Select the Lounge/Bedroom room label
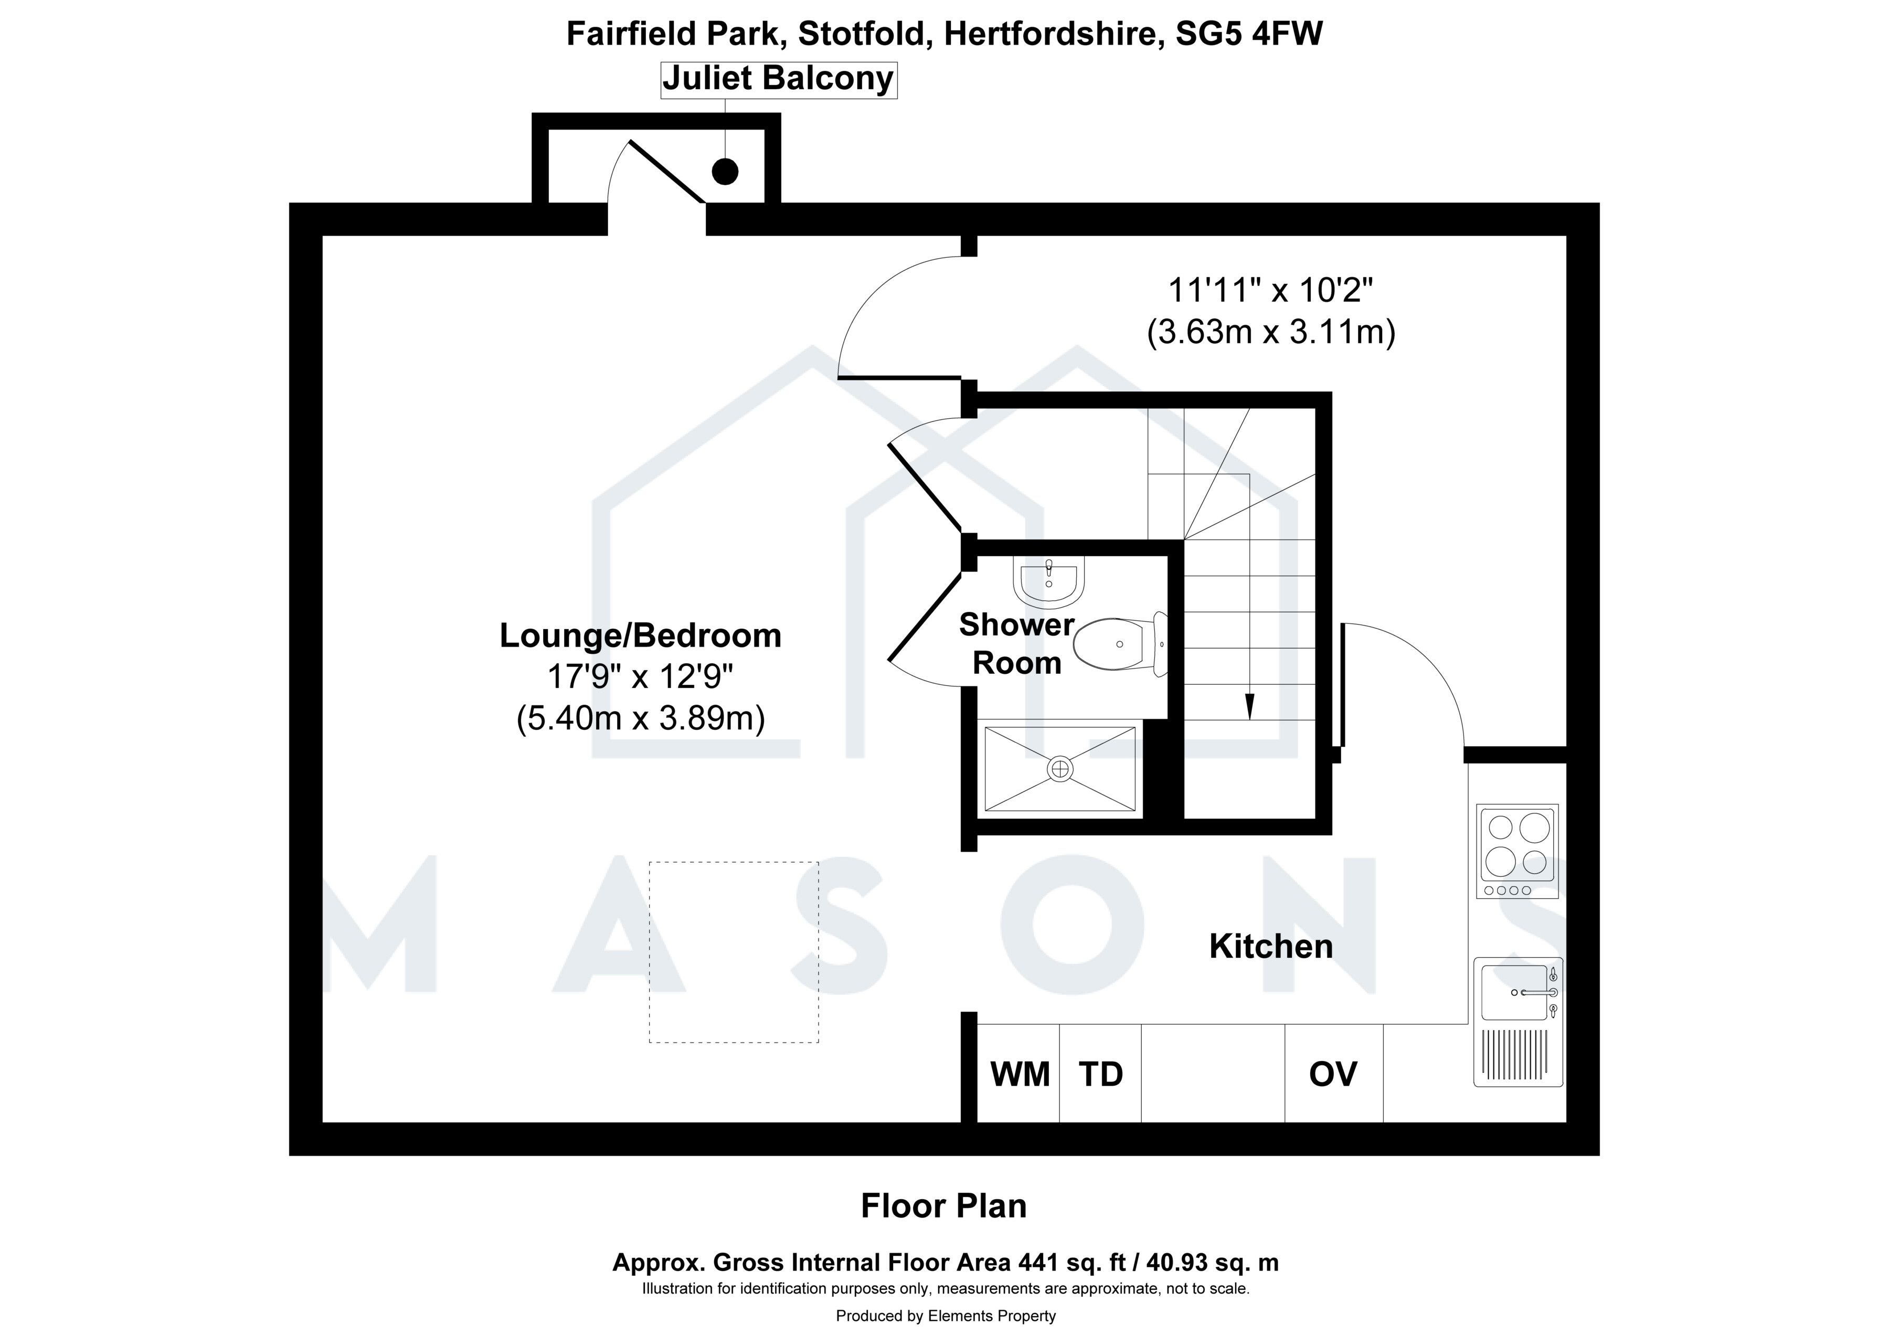641,636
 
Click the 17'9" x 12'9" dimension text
640,677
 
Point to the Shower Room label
1017,644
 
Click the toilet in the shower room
1121,644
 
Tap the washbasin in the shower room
1049,580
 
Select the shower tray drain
1060,768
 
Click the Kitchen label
1271,947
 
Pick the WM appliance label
1020,1074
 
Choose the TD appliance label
1101,1074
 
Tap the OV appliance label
1333,1074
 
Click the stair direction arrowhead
1250,706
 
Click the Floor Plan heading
943,1206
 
